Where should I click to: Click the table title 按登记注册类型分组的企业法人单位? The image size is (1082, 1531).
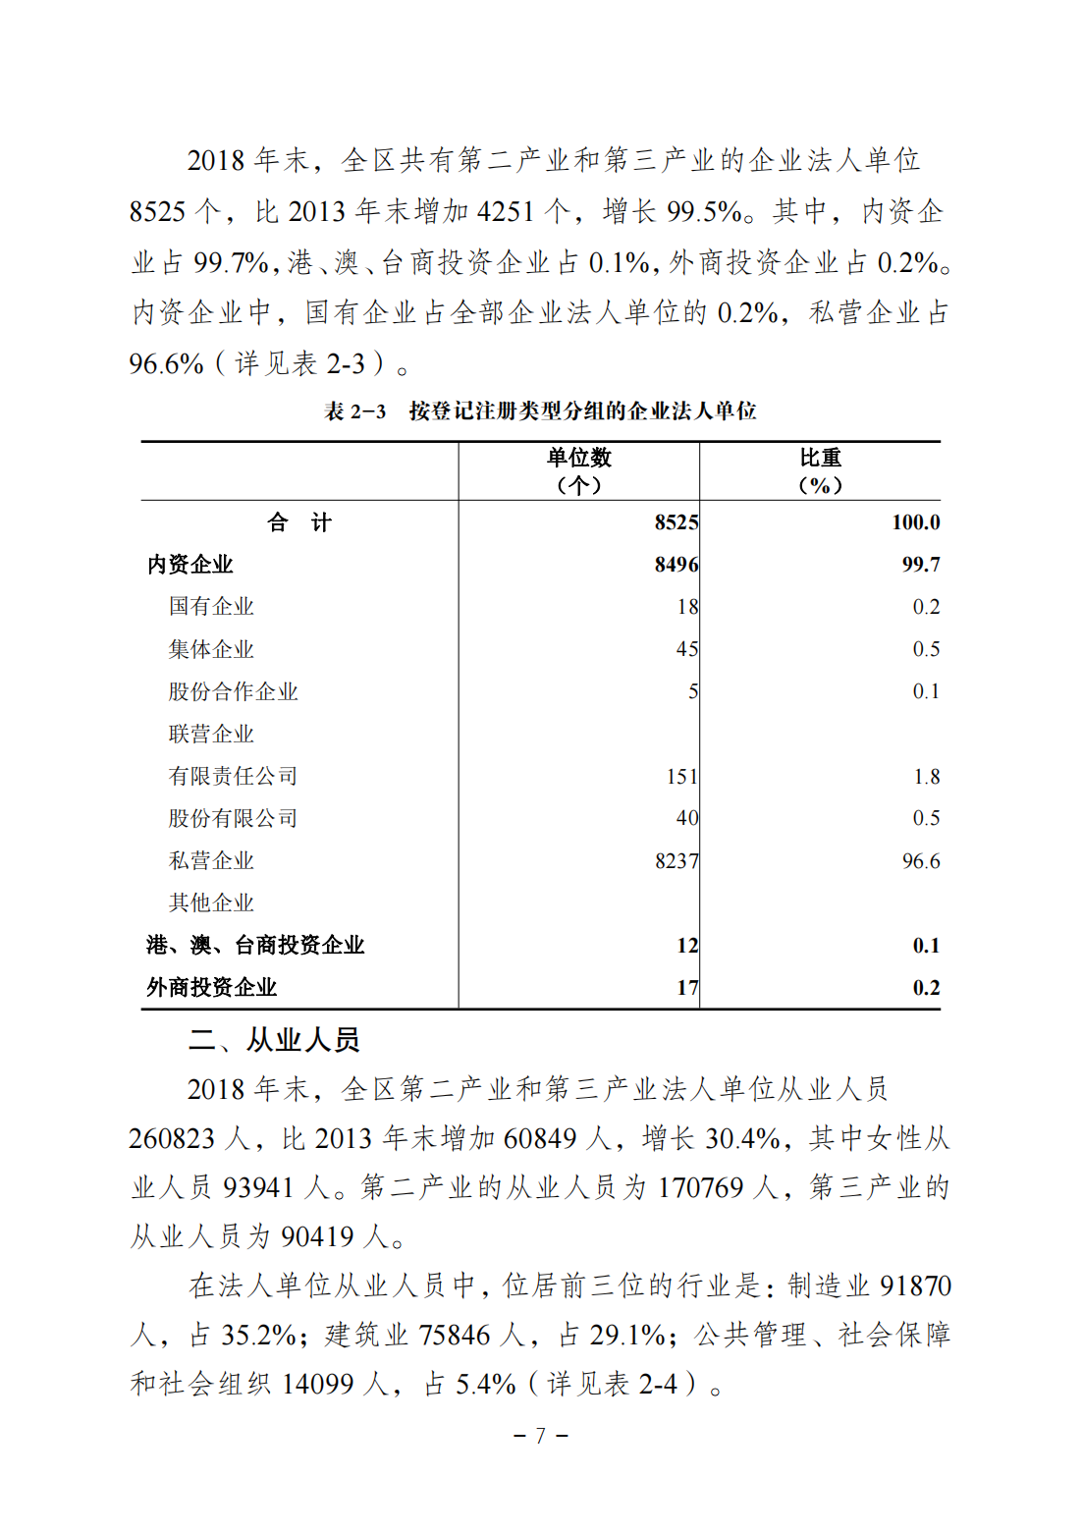click(582, 411)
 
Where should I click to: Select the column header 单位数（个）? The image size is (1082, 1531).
click(578, 471)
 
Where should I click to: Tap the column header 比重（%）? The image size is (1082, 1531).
click(820, 471)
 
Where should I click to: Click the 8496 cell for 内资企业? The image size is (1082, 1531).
click(676, 565)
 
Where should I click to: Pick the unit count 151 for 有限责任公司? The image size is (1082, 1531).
click(681, 777)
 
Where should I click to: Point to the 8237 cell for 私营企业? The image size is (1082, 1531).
click(676, 861)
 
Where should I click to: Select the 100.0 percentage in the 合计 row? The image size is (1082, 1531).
click(915, 522)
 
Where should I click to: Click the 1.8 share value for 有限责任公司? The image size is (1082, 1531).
click(926, 777)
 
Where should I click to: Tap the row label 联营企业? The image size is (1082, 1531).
click(211, 734)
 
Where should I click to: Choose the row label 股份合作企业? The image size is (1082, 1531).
click(233, 691)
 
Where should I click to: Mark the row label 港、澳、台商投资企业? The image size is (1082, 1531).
click(255, 946)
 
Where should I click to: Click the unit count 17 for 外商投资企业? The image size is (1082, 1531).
click(687, 988)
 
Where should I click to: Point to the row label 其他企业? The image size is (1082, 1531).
click(211, 902)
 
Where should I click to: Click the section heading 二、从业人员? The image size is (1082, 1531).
click(274, 1040)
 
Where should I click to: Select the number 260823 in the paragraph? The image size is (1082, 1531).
click(172, 1139)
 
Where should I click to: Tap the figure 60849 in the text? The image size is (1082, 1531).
click(540, 1139)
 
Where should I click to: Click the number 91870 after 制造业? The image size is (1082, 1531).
click(915, 1286)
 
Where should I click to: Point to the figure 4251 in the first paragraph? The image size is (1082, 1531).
click(506, 212)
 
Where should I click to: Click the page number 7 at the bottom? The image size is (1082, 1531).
click(540, 1436)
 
